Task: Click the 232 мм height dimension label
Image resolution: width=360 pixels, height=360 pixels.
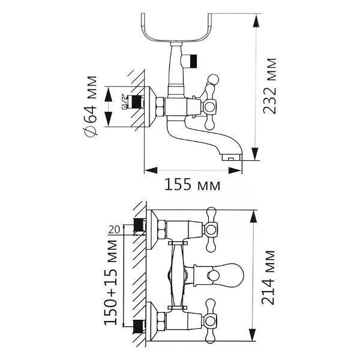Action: (270, 86)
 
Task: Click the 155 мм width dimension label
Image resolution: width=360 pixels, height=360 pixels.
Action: (193, 184)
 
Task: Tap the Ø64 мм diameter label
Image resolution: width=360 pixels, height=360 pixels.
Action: (90, 107)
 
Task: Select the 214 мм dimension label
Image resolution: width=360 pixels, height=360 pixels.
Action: (268, 278)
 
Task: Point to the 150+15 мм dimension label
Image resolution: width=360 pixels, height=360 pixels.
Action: (111, 283)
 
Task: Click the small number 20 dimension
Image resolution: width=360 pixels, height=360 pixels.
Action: (114, 230)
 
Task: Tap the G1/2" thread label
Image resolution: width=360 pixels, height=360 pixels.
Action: (124, 102)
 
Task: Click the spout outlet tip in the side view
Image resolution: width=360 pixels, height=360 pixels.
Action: (231, 157)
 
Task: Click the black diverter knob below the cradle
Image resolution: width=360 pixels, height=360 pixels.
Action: (193, 61)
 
